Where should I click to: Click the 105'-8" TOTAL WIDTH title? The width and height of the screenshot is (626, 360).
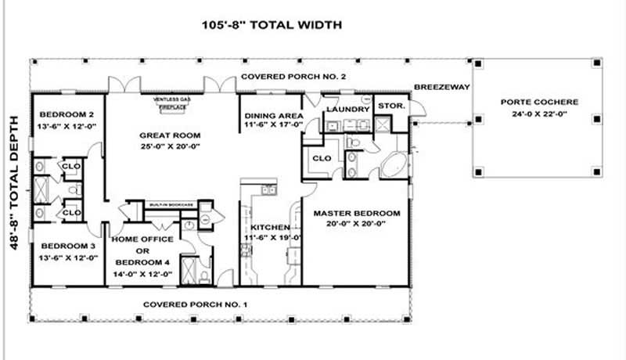[272, 24]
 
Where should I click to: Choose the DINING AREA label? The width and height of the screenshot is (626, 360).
[270, 113]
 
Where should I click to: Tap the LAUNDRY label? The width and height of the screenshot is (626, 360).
[347, 109]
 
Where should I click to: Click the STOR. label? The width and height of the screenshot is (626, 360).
[389, 105]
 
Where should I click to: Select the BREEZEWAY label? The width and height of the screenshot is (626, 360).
[441, 87]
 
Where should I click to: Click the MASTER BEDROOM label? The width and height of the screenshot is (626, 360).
[356, 213]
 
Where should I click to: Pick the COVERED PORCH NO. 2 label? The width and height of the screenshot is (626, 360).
[293, 77]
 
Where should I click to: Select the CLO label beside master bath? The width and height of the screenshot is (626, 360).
[321, 158]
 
